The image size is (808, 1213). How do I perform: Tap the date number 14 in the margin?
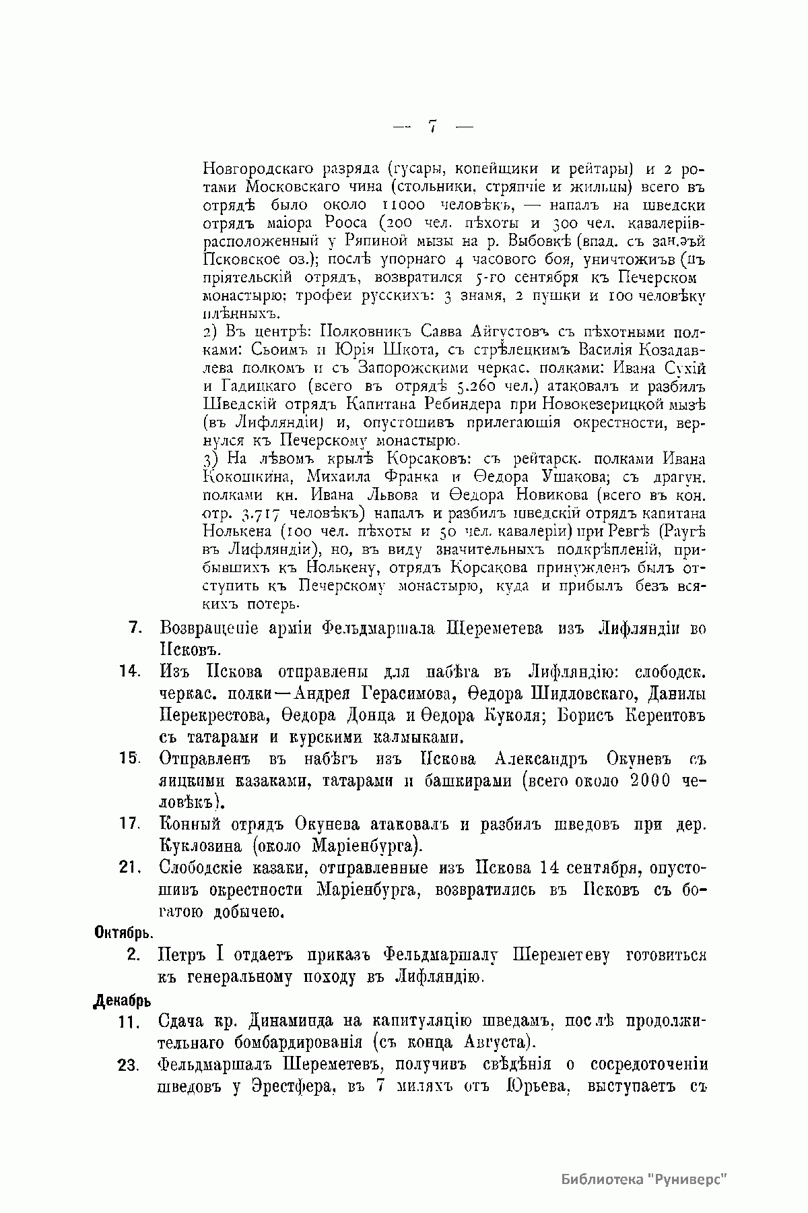tap(129, 671)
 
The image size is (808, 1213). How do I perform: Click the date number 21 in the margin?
tap(129, 868)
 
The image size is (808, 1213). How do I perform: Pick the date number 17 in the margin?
tap(129, 824)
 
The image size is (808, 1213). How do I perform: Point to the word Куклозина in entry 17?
tap(199, 845)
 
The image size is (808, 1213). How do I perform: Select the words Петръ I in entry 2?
tap(194, 956)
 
